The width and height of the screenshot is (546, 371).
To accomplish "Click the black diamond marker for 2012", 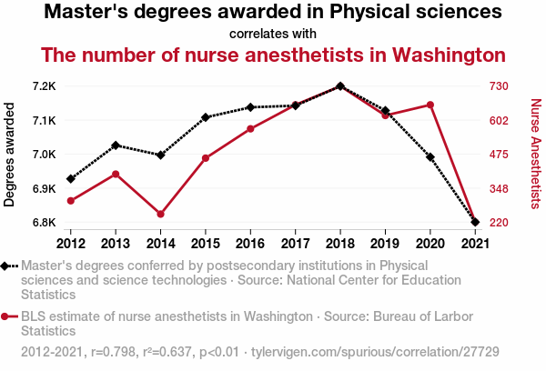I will (71, 179).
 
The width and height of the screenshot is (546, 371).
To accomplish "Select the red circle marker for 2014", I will (160, 215).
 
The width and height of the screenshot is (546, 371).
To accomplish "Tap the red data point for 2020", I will (430, 105).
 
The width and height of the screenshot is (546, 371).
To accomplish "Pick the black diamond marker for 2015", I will (206, 117).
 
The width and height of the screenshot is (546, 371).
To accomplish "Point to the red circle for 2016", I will (250, 129).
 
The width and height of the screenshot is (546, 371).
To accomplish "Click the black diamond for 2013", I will (116, 145).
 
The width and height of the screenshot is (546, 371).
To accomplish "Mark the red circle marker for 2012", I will (71, 201).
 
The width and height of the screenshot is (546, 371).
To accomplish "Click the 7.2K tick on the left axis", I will (44, 86).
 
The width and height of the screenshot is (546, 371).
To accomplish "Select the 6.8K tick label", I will (44, 223).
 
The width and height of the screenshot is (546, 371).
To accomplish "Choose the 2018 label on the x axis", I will (339, 243).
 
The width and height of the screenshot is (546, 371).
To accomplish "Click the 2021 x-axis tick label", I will (474, 243).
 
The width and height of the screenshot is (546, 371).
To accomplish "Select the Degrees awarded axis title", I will (10, 155).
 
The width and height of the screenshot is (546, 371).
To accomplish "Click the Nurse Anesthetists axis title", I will (535, 155).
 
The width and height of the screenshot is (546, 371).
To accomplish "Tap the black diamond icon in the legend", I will (6, 266).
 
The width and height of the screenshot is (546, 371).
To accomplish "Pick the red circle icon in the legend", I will (6, 316).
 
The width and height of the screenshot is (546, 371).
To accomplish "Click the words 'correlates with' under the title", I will (273, 34).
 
